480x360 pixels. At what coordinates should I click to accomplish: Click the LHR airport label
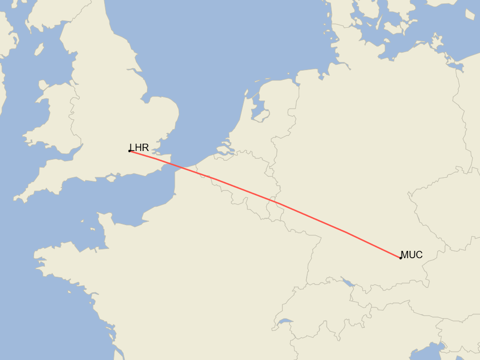tap(139, 148)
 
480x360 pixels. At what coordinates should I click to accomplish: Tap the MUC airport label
tap(411, 255)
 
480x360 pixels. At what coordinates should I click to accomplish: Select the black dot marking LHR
tap(129, 151)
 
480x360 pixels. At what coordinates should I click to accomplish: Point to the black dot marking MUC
tap(401, 258)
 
